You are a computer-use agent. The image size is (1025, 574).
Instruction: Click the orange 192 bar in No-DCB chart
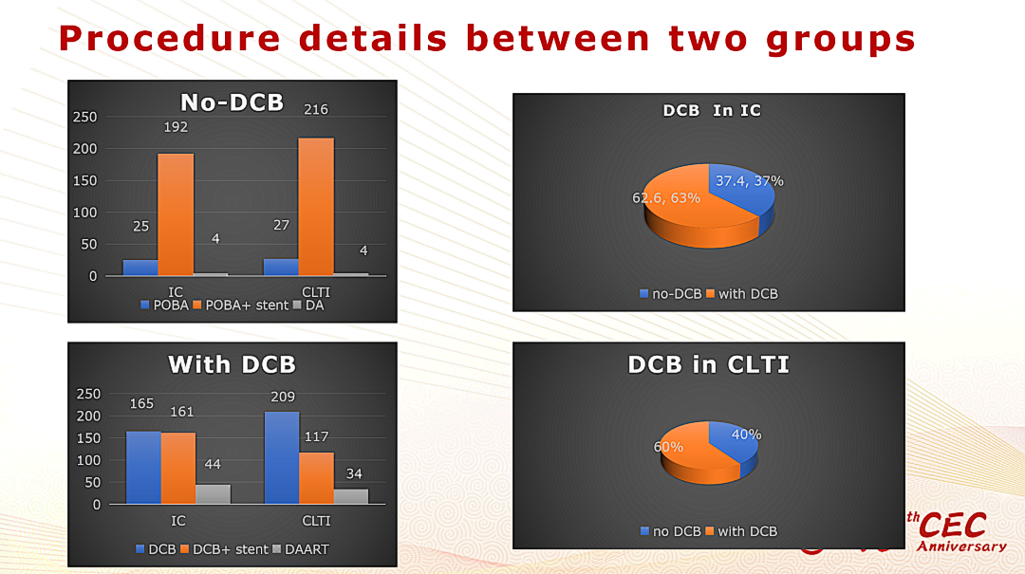coord(176,214)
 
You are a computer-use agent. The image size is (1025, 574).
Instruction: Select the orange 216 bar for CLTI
coord(316,207)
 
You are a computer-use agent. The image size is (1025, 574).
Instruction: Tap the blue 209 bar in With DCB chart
coord(282,457)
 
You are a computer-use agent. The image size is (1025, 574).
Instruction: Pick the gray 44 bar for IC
coord(214,494)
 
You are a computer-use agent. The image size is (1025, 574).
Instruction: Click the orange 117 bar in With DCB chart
coord(316,478)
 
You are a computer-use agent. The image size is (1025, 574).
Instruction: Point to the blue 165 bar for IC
coord(143,468)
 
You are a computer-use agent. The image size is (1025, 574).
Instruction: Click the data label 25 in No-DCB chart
coord(140,227)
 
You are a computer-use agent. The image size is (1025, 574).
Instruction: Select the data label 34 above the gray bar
coord(354,474)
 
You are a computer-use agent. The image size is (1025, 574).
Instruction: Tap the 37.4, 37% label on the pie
coord(749,181)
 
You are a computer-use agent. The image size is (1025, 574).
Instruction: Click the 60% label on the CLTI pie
coord(668,447)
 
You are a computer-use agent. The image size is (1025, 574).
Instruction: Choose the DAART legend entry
coord(301,550)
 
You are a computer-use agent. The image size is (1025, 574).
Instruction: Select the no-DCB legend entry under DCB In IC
coord(671,294)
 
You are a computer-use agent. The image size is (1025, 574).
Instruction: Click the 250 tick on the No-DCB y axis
coord(85,117)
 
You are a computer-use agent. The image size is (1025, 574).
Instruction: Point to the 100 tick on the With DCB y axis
coord(88,460)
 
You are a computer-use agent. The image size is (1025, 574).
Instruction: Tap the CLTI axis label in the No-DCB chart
coord(316,292)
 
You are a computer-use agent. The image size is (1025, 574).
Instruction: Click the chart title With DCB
coord(233,364)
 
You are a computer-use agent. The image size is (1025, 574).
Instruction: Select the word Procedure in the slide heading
coord(169,38)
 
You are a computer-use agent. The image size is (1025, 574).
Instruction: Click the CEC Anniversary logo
coord(958,531)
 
